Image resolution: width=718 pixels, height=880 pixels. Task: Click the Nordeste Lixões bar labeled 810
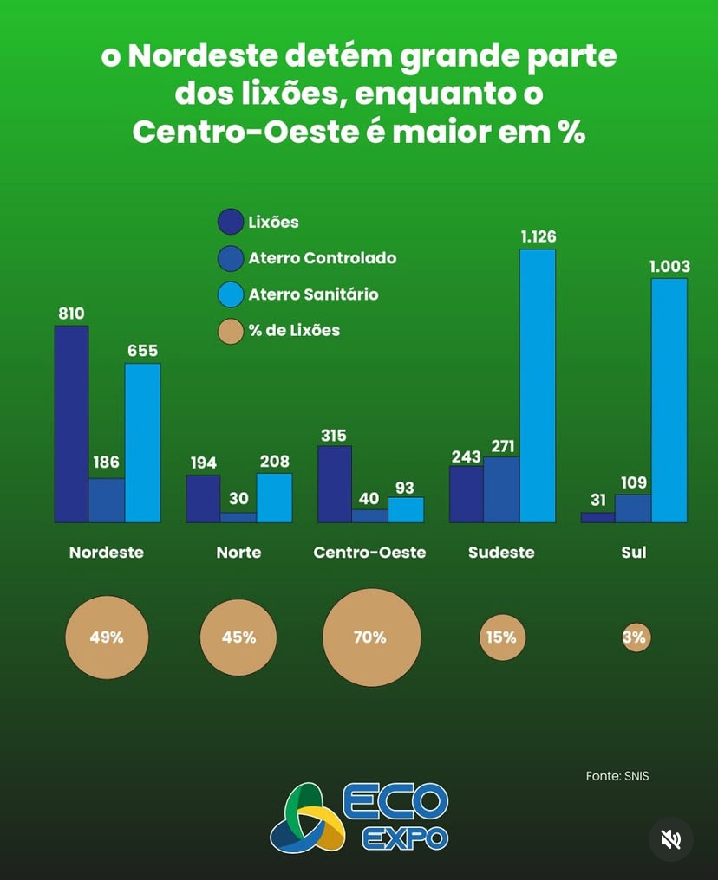72,424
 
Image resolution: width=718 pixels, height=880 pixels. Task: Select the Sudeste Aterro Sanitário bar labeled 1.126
538,385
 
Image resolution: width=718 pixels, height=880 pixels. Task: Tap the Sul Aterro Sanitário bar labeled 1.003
669,400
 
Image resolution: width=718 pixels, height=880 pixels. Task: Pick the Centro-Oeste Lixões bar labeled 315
335,484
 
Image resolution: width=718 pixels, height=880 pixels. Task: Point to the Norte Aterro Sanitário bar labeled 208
274,498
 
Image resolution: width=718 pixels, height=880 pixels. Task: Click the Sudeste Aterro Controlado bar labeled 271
501,489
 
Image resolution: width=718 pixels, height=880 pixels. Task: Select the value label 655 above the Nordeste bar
142,351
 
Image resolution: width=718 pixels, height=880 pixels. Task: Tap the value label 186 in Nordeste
107,463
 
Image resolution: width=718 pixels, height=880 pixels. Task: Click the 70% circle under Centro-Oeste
371,637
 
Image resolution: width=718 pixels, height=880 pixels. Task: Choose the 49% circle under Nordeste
107,637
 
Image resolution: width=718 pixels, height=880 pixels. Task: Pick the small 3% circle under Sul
635,638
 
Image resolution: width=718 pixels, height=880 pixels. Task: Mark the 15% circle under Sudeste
501,637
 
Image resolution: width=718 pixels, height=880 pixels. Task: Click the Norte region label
238,552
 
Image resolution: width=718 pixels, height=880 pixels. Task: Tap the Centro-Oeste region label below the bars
369,552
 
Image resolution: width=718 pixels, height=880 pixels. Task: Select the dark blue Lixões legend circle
230,223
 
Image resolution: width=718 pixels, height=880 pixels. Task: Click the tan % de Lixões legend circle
230,330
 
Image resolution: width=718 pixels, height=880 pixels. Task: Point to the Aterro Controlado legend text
322,258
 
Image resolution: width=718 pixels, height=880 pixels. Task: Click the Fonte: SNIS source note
617,776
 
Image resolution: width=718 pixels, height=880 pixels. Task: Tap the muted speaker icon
670,838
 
